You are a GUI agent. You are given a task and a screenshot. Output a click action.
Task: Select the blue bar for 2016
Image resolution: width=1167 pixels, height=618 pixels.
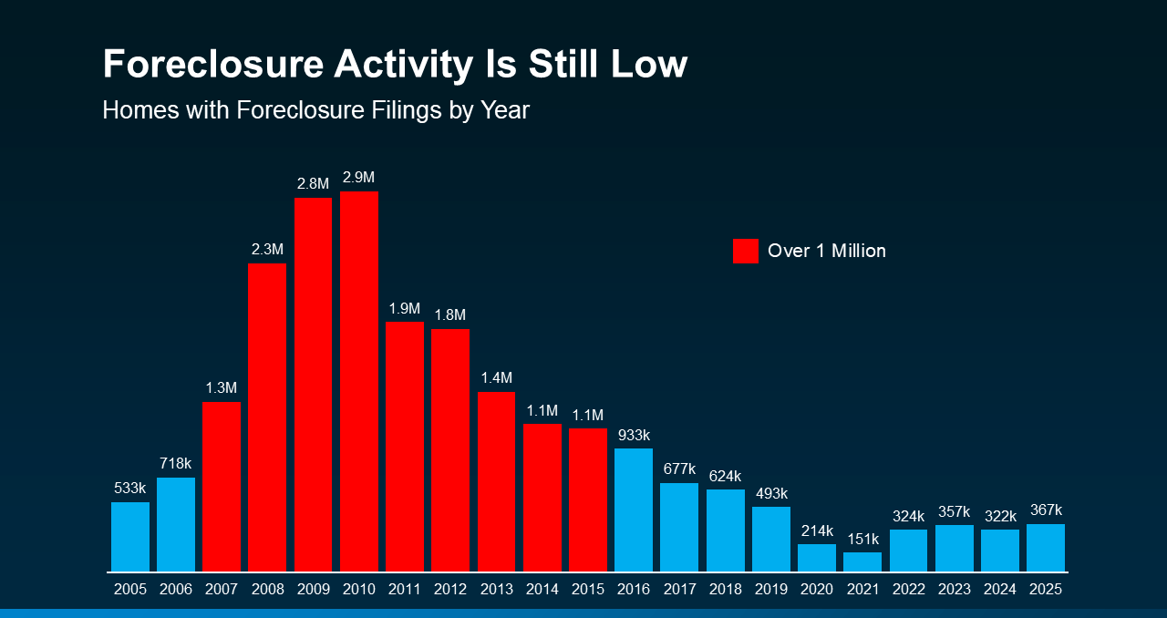point(634,510)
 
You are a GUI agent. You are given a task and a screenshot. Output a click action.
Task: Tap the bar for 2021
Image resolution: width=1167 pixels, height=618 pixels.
point(862,561)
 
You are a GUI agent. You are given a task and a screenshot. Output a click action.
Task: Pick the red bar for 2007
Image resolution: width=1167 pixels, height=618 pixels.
point(222,487)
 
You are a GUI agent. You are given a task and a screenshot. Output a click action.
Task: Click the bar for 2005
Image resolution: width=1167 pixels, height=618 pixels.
point(130,537)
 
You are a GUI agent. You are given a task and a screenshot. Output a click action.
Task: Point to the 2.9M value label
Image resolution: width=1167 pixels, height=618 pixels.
point(359,177)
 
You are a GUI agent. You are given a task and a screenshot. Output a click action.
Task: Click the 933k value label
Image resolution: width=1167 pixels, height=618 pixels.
point(634,435)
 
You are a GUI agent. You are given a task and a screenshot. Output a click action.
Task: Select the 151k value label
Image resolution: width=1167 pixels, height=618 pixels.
point(862,539)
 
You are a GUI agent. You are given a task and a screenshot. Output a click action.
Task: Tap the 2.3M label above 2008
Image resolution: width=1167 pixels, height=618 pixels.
point(267,249)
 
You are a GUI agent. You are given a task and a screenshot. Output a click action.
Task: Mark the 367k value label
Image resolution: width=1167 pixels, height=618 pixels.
point(1046,510)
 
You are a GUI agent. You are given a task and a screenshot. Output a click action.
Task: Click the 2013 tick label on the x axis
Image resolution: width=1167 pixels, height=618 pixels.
point(496,590)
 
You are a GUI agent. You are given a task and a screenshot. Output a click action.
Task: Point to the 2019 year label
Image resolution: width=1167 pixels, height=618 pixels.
point(770,590)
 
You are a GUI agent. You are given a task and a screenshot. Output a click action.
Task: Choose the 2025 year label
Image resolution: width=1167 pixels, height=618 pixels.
point(1046,590)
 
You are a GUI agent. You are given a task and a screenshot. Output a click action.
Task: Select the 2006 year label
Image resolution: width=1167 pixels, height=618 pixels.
point(176,590)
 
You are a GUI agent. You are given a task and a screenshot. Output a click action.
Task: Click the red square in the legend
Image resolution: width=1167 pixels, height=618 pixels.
point(745,251)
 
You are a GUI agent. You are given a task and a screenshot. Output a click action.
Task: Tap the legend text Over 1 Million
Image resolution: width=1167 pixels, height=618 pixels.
point(826,251)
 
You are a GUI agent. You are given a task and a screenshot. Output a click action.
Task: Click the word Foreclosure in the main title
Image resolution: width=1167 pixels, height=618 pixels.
point(212,65)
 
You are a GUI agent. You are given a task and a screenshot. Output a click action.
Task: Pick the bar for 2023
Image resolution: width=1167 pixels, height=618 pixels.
point(954,548)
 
